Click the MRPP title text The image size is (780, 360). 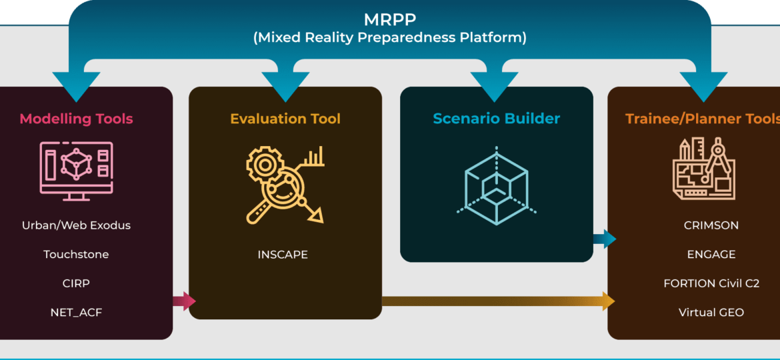point(389,19)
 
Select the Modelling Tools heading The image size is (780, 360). point(76,119)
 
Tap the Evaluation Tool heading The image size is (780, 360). point(285,119)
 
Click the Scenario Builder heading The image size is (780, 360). point(497,119)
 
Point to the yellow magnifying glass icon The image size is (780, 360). point(285,184)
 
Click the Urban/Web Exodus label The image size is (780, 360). point(76,225)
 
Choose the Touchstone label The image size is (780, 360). point(76,255)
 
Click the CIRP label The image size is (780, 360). point(76,283)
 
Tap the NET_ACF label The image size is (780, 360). point(76,313)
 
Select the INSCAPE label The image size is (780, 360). point(283,255)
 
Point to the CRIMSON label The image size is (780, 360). point(711,225)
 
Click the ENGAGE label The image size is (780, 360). point(711,255)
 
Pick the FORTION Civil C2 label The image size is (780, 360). point(711,283)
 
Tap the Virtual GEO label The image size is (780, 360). point(711,313)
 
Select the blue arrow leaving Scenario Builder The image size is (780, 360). point(605,239)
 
